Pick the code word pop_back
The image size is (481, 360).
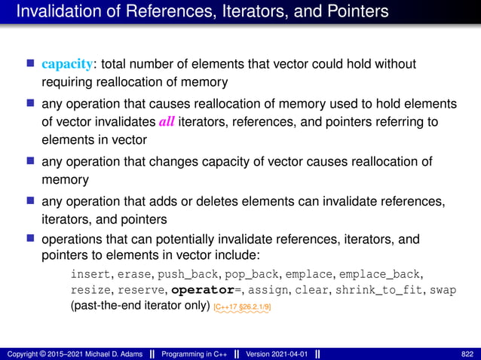[x=274, y=273]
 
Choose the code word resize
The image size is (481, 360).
[x=91, y=290]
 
